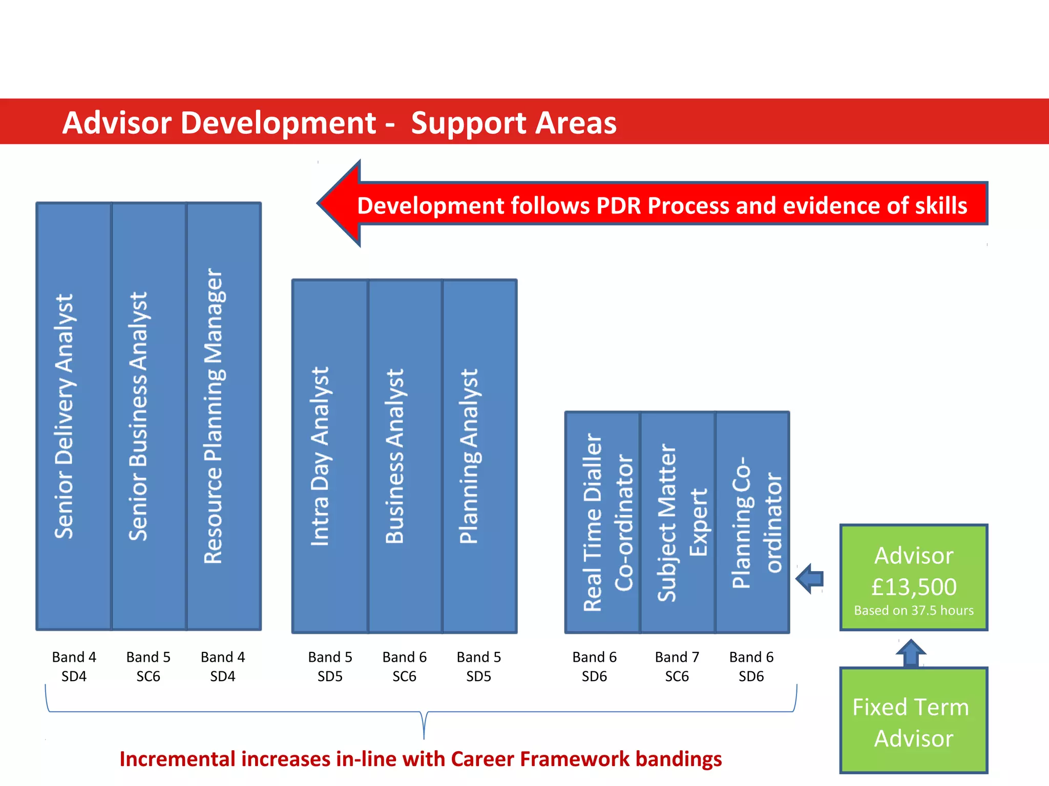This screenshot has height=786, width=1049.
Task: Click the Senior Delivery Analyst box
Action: coord(74,416)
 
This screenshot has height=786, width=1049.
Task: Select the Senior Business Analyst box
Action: coord(149,416)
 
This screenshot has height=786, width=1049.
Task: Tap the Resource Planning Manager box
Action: coord(224,416)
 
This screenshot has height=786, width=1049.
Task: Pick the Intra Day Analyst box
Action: coord(330,455)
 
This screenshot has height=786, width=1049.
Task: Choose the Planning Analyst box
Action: coord(479,455)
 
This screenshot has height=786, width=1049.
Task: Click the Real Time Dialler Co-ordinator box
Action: coord(602,522)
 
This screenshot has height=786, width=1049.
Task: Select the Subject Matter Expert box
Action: coord(677,522)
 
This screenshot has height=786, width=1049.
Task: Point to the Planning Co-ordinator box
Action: coord(752,522)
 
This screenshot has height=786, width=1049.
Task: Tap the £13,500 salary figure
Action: coord(914,587)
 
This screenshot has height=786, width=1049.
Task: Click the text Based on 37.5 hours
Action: coord(914,610)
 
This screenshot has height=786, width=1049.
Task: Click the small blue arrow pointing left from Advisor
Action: coord(810,579)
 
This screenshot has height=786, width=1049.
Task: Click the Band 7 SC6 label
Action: coord(677,666)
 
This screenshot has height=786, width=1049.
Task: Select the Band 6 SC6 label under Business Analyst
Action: coord(404,666)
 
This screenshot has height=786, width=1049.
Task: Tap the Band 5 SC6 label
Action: coord(148,666)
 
